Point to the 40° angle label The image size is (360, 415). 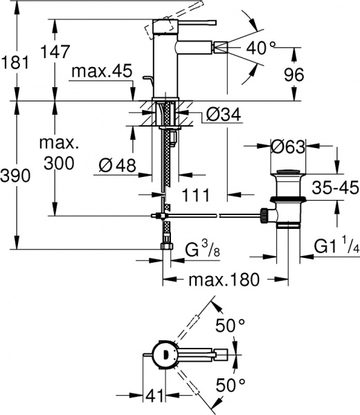pyautogui.click(x=262, y=48)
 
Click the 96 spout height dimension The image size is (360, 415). pyautogui.click(x=294, y=75)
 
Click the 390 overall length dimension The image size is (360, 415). pyautogui.click(x=15, y=176)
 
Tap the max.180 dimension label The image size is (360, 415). pyautogui.click(x=225, y=279)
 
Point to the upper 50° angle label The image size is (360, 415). pyautogui.click(x=231, y=324)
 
